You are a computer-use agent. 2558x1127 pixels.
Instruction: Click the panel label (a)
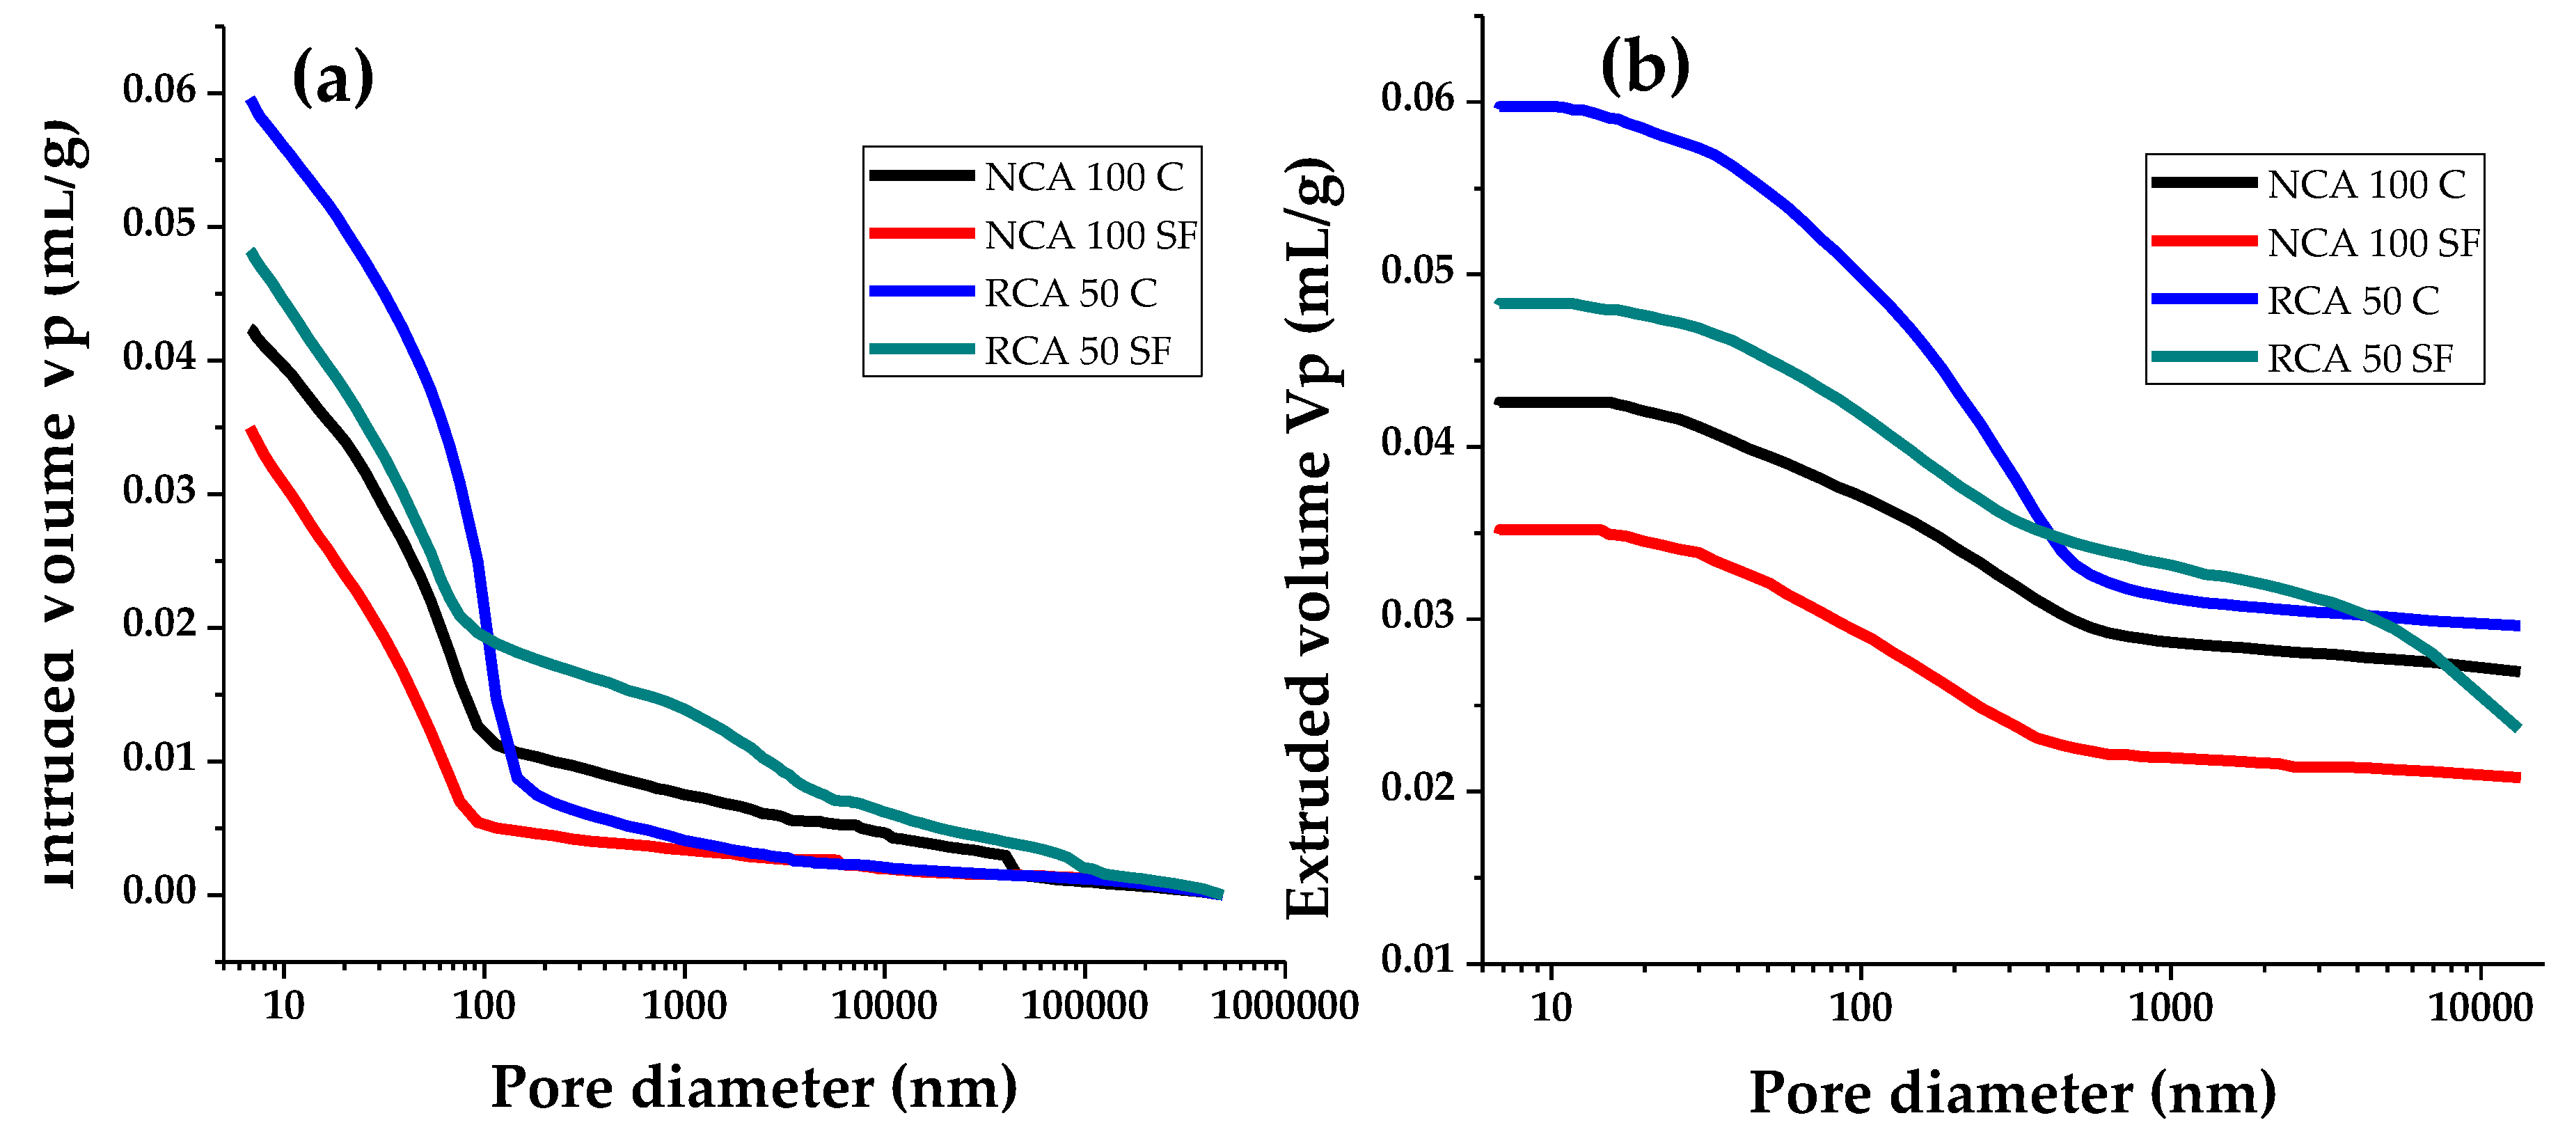(333, 79)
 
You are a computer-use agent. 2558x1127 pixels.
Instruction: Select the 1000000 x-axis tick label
(1285, 1006)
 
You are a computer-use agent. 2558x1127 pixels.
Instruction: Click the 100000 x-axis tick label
(1084, 1006)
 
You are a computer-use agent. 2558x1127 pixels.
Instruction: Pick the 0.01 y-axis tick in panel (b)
(1417, 959)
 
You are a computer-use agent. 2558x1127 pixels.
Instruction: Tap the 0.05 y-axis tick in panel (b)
(1417, 270)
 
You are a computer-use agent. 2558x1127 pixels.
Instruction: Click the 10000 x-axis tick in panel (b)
(2479, 1008)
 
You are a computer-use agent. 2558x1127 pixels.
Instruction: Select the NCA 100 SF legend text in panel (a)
(1090, 235)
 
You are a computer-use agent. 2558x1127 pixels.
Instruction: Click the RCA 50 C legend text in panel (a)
(1071, 293)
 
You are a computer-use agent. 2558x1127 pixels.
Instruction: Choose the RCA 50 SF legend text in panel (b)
(2360, 358)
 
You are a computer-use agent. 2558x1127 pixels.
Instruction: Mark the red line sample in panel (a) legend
(920, 233)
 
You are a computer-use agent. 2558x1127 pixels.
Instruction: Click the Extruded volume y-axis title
(1310, 536)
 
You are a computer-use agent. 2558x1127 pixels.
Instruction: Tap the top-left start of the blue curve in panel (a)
(252, 100)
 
